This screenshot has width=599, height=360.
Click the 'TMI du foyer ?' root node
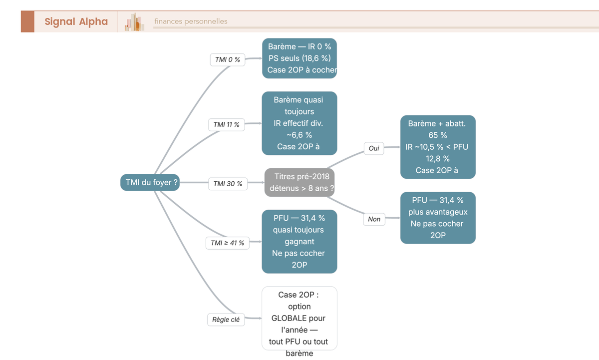[150, 182]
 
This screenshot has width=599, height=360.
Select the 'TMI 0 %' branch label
[228, 59]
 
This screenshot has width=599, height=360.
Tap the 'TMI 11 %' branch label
[227, 125]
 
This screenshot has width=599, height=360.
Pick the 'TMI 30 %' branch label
[228, 184]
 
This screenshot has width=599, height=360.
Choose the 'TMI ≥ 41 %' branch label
[228, 243]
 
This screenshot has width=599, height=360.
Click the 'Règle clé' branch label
[226, 320]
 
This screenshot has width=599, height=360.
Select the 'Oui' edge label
[374, 148]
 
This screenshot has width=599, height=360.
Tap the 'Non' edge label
[374, 219]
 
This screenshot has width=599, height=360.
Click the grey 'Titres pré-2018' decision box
[299, 182]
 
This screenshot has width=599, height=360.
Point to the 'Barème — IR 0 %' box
[299, 58]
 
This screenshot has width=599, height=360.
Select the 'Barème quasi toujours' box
[299, 123]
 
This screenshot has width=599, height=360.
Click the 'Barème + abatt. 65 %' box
[438, 147]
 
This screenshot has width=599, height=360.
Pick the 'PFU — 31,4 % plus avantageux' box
[438, 218]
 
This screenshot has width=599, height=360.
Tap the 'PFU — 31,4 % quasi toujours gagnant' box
[299, 242]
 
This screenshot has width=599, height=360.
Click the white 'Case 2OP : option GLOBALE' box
[299, 318]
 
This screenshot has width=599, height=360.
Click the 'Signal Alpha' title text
[76, 21]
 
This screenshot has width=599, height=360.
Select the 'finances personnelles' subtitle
[191, 21]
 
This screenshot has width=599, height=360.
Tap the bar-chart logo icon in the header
[134, 22]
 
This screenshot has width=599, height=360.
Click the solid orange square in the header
[27, 21]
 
